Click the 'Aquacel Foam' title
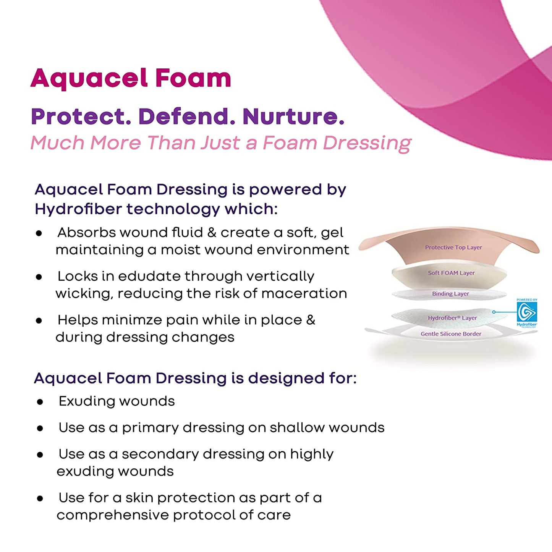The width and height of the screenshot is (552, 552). [131, 79]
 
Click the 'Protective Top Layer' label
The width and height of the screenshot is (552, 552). [453, 247]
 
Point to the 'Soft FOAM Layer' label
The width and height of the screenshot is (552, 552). [451, 273]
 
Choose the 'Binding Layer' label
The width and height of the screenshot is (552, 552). [451, 294]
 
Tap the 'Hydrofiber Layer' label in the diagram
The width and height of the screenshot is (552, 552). [452, 318]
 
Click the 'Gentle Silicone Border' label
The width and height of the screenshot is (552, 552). [451, 334]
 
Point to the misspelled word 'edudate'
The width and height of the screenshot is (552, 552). [149, 276]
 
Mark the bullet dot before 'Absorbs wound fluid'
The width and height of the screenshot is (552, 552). [39, 233]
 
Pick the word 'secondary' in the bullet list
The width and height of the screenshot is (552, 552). [160, 455]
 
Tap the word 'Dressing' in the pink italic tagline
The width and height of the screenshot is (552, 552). [367, 143]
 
